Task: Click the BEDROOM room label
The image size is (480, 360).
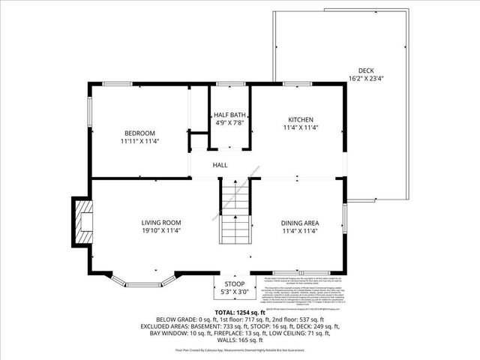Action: (139, 133)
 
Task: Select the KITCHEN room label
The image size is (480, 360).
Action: (301, 119)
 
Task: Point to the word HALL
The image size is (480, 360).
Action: (220, 165)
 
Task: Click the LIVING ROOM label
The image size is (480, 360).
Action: (161, 223)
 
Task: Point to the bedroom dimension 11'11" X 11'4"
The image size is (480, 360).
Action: (139, 140)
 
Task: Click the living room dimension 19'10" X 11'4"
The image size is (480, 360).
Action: (161, 230)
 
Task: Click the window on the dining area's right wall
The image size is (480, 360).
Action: (346, 218)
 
